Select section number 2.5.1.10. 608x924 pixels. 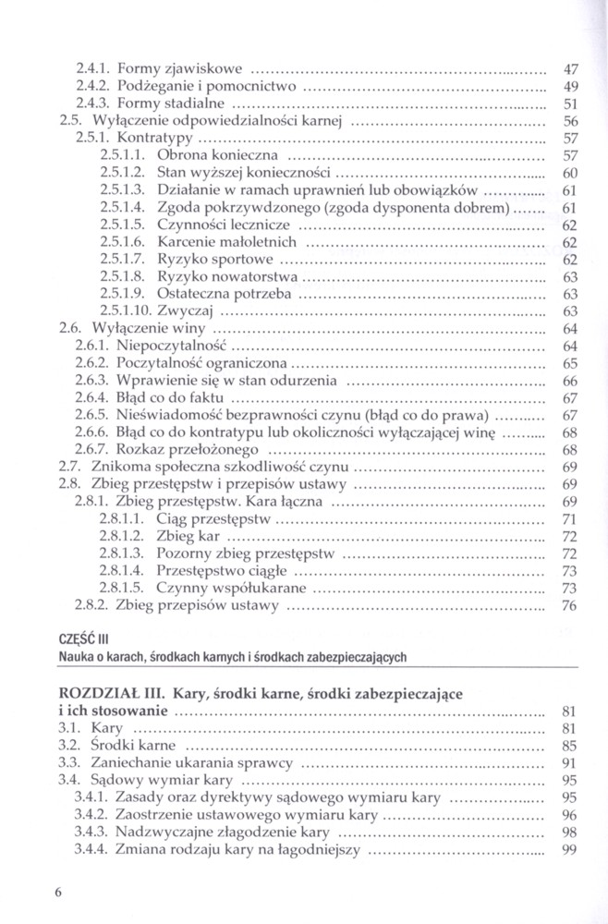coord(126,310)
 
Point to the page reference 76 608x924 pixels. coord(569,605)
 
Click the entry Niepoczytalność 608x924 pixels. coord(171,345)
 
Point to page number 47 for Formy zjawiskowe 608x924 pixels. coord(570,68)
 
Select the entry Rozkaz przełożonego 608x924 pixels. coord(177,449)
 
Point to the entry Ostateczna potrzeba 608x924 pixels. coord(225,293)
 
